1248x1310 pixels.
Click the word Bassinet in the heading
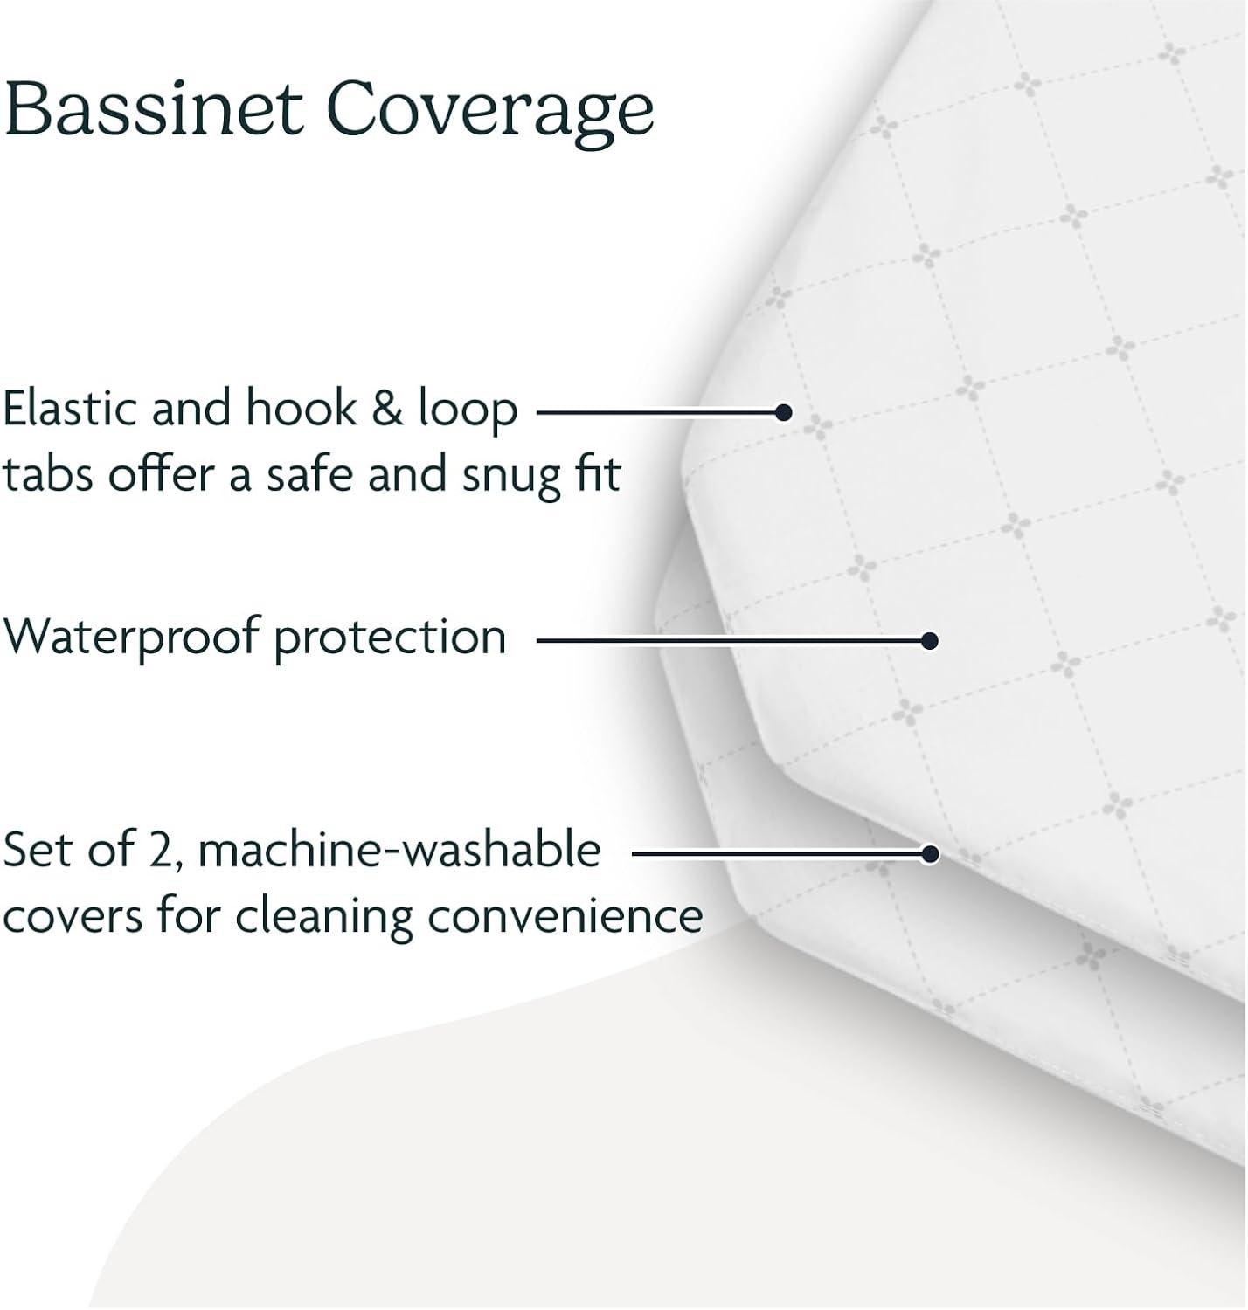coord(154,110)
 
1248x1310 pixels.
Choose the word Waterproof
coord(131,638)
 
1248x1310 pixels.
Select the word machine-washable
coord(400,850)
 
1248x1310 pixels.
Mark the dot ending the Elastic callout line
coord(784,412)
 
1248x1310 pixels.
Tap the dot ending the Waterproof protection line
coord(930,641)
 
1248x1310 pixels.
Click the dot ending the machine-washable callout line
coord(930,853)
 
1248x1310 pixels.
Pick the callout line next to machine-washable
coord(778,853)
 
